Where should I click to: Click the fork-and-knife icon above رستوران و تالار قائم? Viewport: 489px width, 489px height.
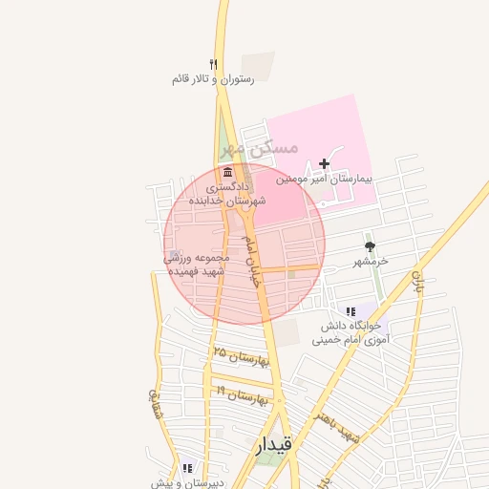(x=214, y=64)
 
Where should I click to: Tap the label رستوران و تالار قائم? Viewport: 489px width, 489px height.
(x=213, y=79)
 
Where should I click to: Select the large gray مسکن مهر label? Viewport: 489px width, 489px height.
(x=259, y=149)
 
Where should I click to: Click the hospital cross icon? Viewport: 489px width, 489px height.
(x=325, y=164)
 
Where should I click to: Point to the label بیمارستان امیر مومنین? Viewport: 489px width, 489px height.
(x=324, y=179)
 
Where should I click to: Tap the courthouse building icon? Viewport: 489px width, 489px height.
(x=227, y=173)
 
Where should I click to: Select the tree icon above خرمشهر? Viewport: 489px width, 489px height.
(x=370, y=246)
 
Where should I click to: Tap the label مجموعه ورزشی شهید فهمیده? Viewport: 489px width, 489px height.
(x=198, y=265)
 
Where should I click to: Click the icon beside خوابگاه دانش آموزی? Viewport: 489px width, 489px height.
(x=351, y=311)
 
